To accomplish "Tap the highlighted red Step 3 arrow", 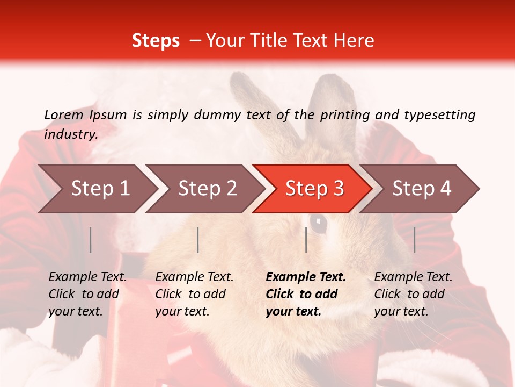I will pos(314,189).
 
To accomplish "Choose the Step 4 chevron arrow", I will pos(422,189).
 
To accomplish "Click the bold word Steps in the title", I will pos(156,41).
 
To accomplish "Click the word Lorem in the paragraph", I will pos(64,115).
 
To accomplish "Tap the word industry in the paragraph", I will pos(70,134).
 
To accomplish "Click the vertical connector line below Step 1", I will pos(91,240).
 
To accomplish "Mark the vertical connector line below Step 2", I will pos(198,240).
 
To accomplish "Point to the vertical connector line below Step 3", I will pos(306,240).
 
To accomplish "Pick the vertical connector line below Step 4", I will pos(414,240).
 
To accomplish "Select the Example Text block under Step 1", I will pos(87,294).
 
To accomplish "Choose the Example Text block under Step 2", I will pos(194,294).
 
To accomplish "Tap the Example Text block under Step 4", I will pos(413,294).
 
